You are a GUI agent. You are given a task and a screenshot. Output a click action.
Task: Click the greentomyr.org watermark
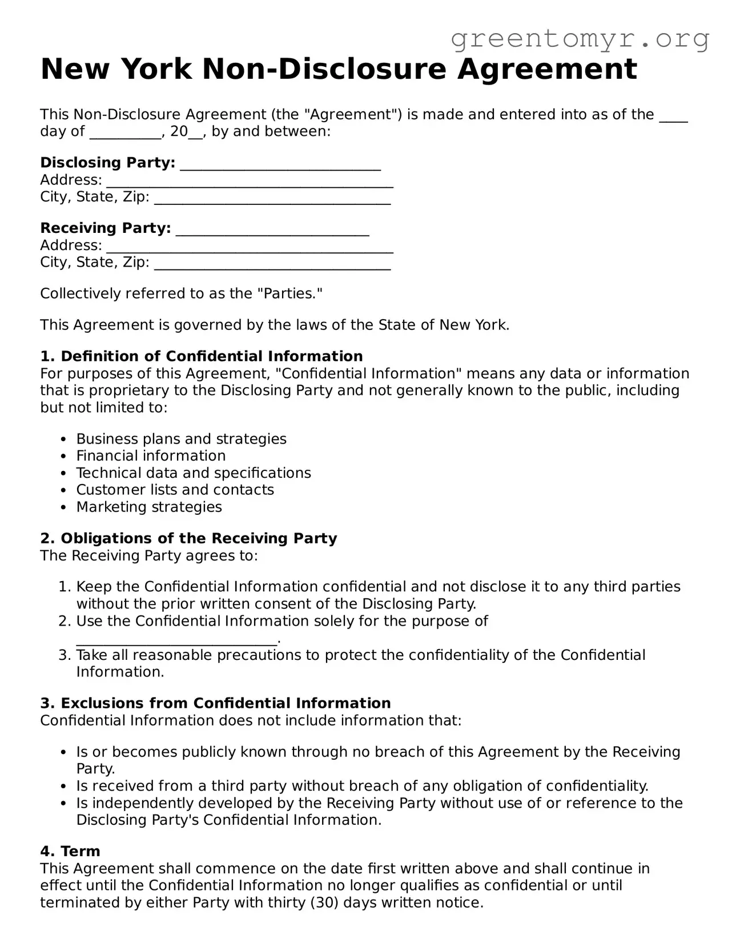pyautogui.click(x=580, y=39)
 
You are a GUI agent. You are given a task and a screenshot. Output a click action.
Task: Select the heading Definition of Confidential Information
pyautogui.click(x=211, y=356)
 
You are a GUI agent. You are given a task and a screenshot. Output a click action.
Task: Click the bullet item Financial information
pyautogui.click(x=151, y=456)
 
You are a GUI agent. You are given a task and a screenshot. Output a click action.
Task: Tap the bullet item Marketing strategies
pyautogui.click(x=149, y=507)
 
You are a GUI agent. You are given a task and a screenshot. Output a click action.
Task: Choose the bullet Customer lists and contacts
pyautogui.click(x=175, y=490)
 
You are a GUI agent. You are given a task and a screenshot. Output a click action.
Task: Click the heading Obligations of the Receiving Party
pyautogui.click(x=199, y=538)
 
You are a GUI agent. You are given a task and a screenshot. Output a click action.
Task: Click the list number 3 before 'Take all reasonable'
pyautogui.click(x=64, y=655)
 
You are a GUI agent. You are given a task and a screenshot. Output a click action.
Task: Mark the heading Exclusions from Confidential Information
pyautogui.click(x=226, y=703)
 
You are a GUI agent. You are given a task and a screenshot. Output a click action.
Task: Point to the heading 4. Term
pyautogui.click(x=70, y=851)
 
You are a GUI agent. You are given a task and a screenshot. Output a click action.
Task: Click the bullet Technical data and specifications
pyautogui.click(x=194, y=473)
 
